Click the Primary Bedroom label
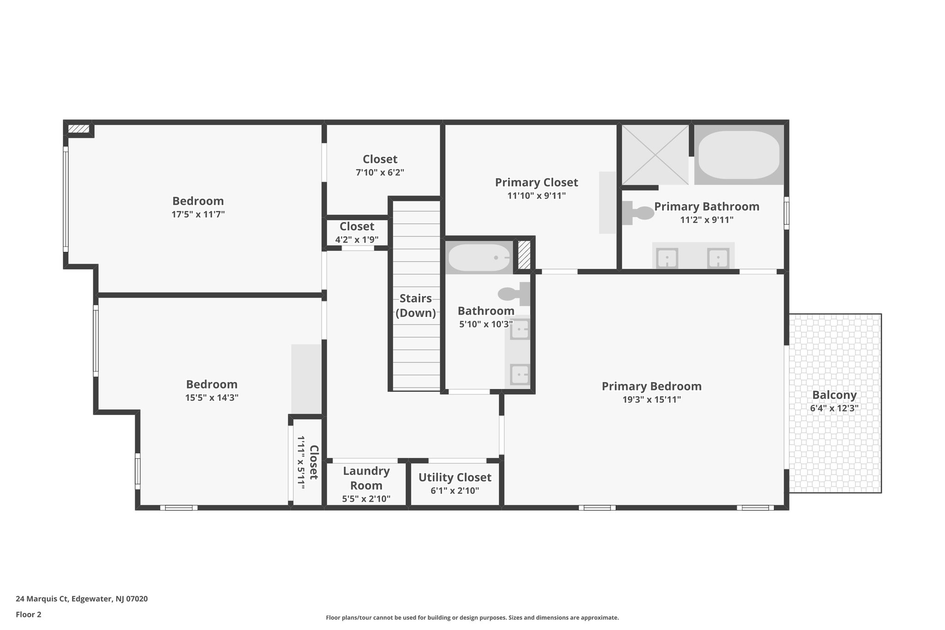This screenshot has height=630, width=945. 651,386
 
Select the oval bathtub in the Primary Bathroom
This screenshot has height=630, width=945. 739,155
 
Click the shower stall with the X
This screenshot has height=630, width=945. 655,155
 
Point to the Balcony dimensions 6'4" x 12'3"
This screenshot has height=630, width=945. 834,408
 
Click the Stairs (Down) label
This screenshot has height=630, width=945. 415,306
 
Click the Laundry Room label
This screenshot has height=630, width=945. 366,478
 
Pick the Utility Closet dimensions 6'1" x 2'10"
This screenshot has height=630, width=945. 455,491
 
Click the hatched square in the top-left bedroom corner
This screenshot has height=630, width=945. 78,129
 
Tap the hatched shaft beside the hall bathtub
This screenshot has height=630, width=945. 524,255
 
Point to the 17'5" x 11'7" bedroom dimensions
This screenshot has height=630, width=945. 198,214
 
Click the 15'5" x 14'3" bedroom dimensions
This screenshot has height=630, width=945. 211,397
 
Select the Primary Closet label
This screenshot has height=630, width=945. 536,182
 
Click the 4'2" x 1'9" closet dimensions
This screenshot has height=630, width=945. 357,240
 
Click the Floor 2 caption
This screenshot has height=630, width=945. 29,614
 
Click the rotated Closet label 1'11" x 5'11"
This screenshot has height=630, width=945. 308,462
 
